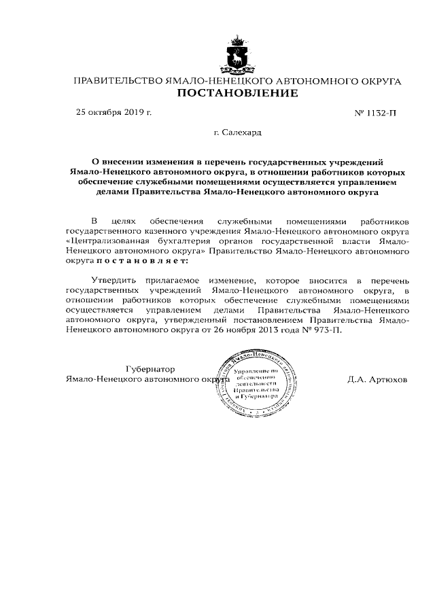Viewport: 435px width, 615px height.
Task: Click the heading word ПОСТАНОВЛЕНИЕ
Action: [237, 94]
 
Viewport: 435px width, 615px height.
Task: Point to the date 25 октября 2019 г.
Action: [114, 112]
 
